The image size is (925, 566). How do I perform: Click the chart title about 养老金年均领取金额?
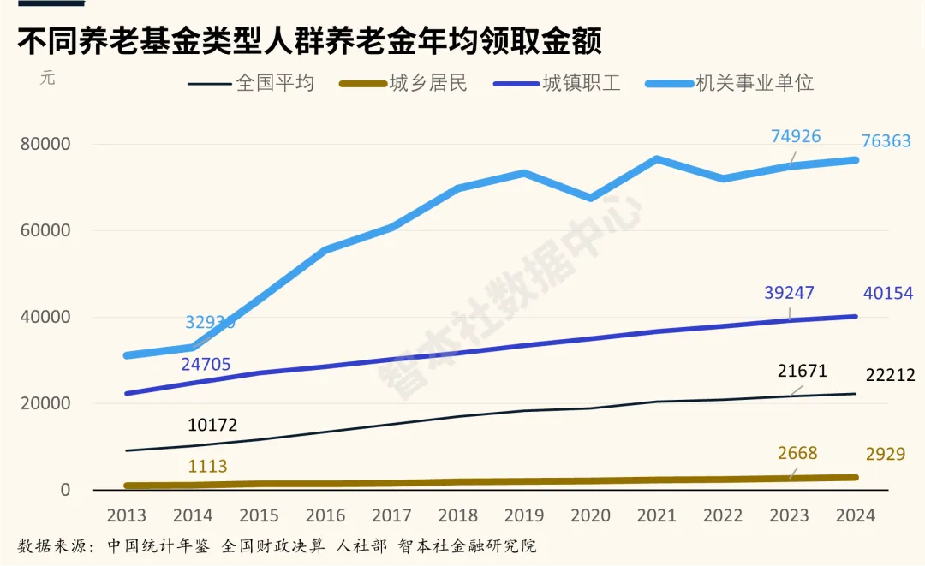(310, 40)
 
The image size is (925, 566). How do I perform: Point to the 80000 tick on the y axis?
(45, 144)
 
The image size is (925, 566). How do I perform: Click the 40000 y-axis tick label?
(45, 317)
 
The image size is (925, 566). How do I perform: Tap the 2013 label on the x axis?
(126, 515)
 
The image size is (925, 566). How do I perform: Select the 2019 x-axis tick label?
(523, 515)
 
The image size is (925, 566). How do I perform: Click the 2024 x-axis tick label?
(855, 515)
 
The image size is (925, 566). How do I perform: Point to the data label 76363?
(886, 141)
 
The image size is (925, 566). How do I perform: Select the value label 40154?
(888, 294)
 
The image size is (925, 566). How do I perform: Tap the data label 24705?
(206, 365)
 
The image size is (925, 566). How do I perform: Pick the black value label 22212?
(890, 375)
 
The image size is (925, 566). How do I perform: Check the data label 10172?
(212, 425)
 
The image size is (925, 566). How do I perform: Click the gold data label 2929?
(884, 455)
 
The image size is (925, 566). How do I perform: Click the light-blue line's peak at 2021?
(656, 158)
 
